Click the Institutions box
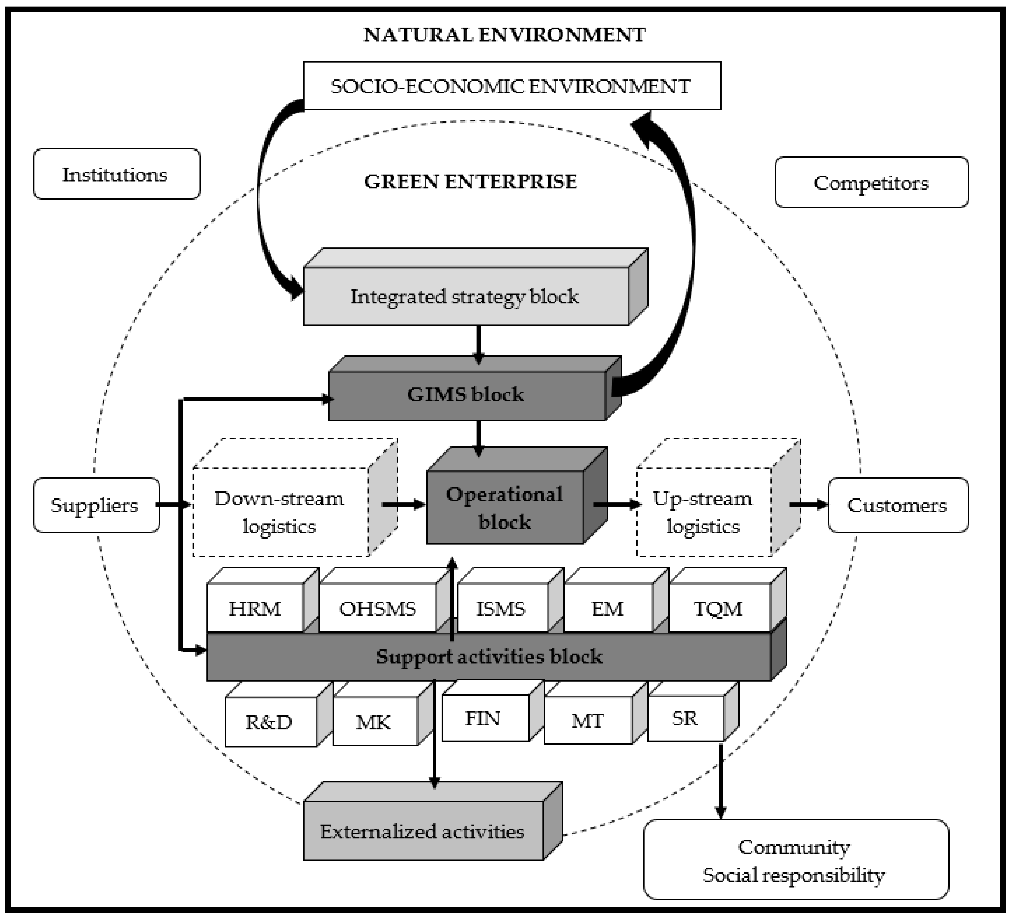pyautogui.click(x=116, y=174)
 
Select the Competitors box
pyautogui.click(x=871, y=182)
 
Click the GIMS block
pyautogui.click(x=466, y=395)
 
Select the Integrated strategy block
pyautogui.click(x=465, y=296)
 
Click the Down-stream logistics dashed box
pyautogui.click(x=280, y=512)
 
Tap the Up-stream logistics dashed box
pyautogui.click(x=703, y=512)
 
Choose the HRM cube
pyautogui.click(x=255, y=608)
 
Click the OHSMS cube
pyautogui.click(x=378, y=608)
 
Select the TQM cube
pyautogui.click(x=719, y=608)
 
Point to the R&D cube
pyautogui.click(x=270, y=722)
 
